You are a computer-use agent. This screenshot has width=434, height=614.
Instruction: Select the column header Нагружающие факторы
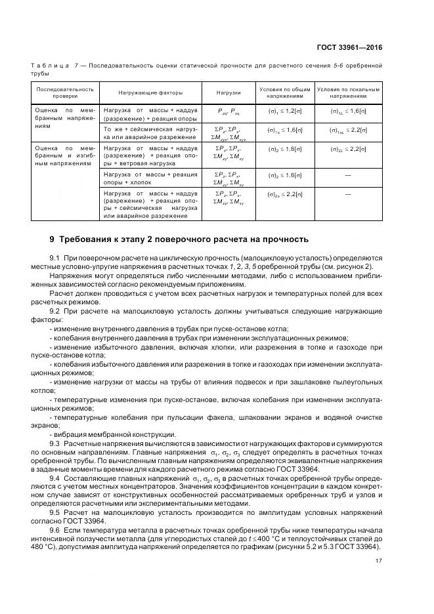tap(150, 92)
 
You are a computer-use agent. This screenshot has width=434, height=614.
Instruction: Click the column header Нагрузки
tap(228, 92)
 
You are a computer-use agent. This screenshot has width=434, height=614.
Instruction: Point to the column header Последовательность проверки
tap(65, 92)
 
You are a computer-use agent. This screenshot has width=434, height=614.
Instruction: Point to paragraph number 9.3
tap(56, 444)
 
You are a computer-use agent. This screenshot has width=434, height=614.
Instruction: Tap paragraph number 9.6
tap(56, 529)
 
